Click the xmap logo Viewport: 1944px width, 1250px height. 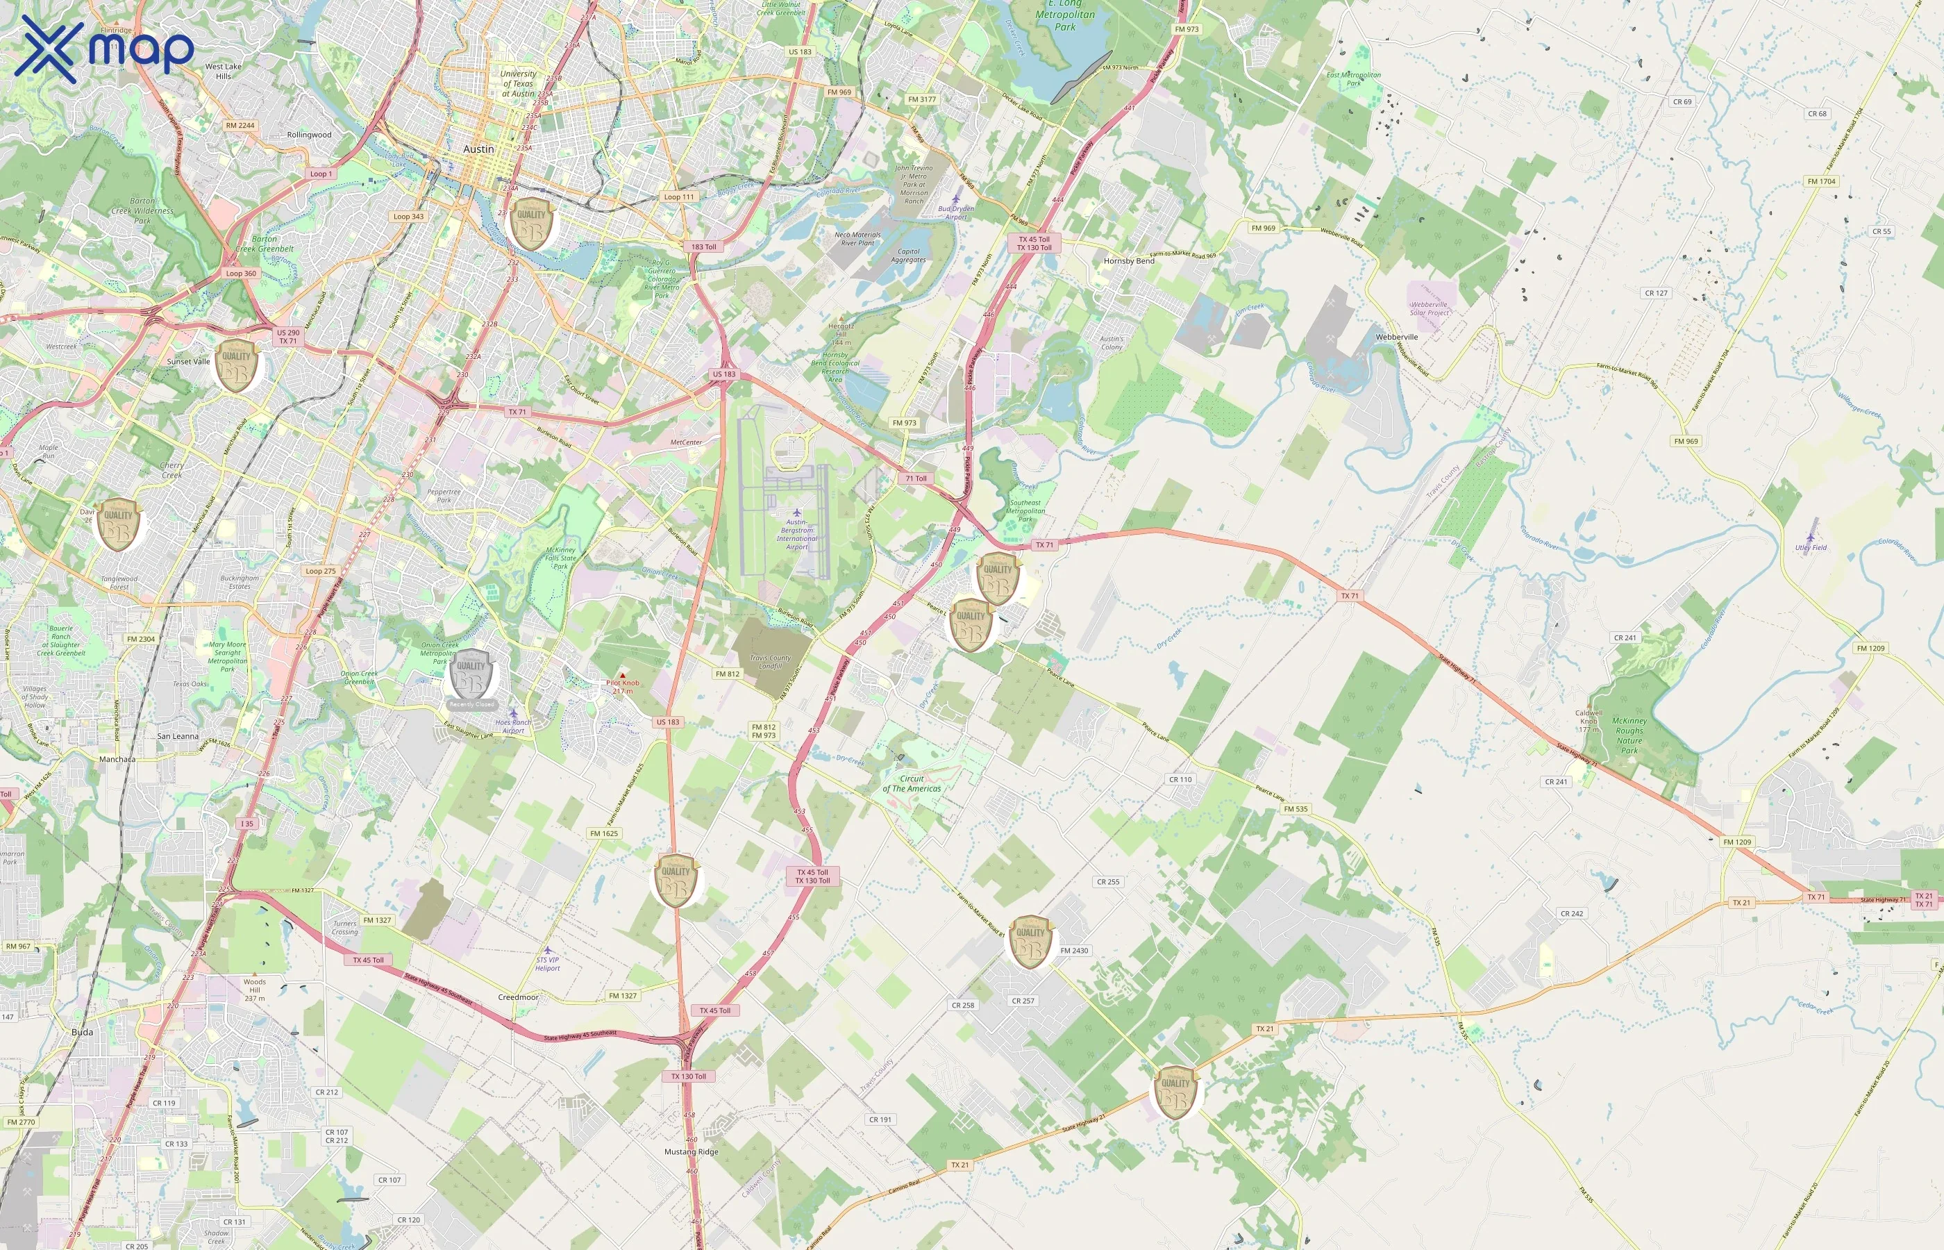coord(104,49)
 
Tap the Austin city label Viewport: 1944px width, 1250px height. coord(478,149)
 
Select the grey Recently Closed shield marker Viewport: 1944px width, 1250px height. coord(471,674)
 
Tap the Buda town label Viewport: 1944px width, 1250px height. coord(82,1033)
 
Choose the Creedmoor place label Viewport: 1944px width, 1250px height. coord(518,997)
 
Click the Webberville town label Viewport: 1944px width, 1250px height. coord(1396,337)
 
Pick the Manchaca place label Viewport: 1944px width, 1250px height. coord(117,760)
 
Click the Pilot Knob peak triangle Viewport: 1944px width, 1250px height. coord(622,674)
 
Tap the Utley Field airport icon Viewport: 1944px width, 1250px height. coord(1810,537)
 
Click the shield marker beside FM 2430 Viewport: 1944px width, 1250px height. coord(1030,942)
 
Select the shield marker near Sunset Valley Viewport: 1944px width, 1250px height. coord(236,366)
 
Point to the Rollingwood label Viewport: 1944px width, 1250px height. coord(309,135)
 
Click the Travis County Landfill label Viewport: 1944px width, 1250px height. coord(770,662)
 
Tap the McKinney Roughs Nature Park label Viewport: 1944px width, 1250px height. coord(1629,735)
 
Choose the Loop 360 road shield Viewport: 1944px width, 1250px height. coord(240,274)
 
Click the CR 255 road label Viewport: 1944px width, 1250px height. coord(1107,881)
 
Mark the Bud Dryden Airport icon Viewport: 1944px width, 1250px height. coord(956,198)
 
